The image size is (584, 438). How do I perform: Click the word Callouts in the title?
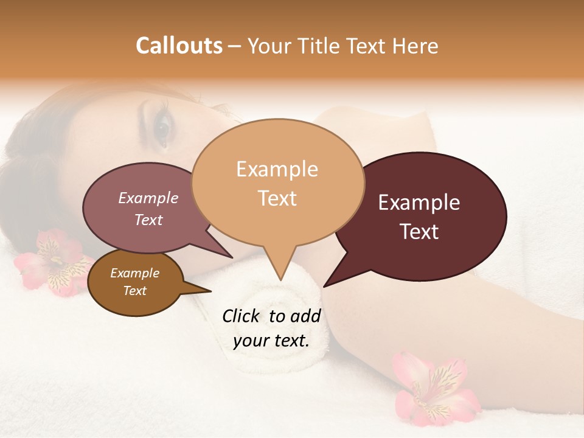(x=179, y=46)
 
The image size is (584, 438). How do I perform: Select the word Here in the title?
(x=417, y=46)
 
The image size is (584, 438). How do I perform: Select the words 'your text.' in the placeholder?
(x=271, y=341)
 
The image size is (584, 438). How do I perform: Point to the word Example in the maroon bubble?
(x=419, y=203)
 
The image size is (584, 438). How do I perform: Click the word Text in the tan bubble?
(x=277, y=198)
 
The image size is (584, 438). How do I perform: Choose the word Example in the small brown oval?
(x=134, y=274)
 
